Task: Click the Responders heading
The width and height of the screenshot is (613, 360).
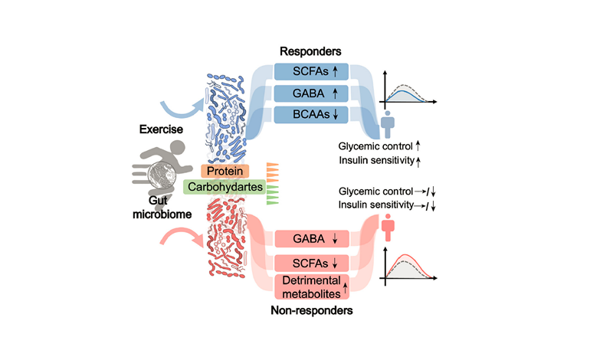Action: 310,51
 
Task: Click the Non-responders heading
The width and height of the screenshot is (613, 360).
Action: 310,312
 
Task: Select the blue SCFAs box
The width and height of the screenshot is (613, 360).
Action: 310,71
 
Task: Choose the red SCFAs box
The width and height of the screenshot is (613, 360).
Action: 310,262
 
